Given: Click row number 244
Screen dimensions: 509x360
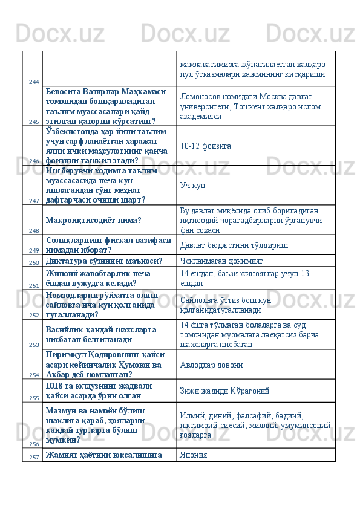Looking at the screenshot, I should click(x=33, y=82).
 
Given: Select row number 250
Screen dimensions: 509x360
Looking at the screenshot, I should click(x=33, y=263).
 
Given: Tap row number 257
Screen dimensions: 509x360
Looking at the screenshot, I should click(x=33, y=457).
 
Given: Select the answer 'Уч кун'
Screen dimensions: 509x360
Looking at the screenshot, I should click(x=192, y=185).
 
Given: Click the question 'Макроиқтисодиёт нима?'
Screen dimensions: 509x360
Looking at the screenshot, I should click(x=94, y=220).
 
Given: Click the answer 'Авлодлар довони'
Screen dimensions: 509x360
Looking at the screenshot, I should click(x=211, y=365).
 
